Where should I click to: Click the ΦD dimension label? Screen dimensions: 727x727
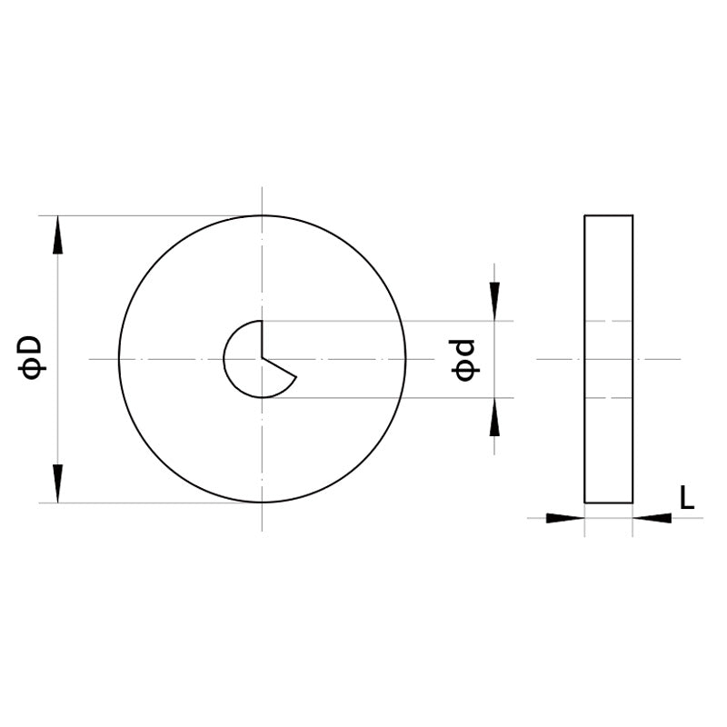pyautogui.click(x=31, y=358)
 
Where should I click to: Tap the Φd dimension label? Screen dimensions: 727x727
pyautogui.click(x=465, y=360)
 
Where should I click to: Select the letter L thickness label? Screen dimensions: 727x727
pyautogui.click(x=687, y=496)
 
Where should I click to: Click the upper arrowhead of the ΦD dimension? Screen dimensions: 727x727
pyautogui.click(x=57, y=235)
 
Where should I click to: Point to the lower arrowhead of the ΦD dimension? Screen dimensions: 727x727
pyautogui.click(x=57, y=483)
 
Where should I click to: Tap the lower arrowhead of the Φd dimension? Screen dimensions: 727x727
pyautogui.click(x=494, y=417)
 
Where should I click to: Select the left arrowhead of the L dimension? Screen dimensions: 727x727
pyautogui.click(x=565, y=518)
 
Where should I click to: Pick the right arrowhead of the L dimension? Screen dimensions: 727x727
pyautogui.click(x=652, y=518)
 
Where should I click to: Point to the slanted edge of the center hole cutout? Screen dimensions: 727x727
pyautogui.click(x=279, y=368)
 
